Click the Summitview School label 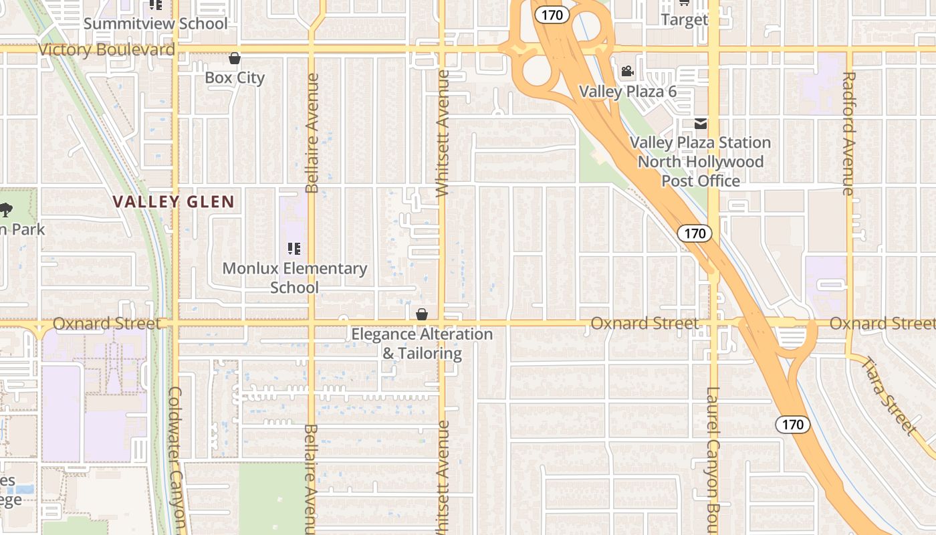(155, 23)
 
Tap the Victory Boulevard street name (106, 49)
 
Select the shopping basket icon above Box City (235, 59)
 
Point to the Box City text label (235, 78)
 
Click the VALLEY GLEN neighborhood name (173, 202)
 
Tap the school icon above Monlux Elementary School (294, 249)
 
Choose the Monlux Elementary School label (294, 278)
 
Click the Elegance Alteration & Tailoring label (422, 343)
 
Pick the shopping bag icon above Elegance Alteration (422, 314)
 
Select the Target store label (684, 19)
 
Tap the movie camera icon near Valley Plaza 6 (627, 72)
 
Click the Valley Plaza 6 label (627, 92)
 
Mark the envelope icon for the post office (701, 124)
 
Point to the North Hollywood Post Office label (701, 162)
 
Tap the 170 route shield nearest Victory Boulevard (552, 15)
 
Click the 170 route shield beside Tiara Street (793, 424)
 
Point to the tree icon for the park (6, 210)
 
